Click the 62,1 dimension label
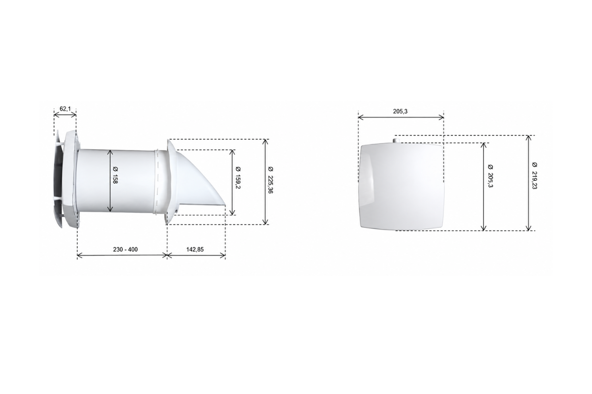65,108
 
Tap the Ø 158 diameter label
115,175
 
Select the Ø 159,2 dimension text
238,177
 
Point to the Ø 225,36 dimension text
270,180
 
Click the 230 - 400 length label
125,249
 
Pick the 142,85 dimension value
195,249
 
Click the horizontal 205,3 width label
400,111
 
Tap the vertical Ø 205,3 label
490,176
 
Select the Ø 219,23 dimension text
535,176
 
